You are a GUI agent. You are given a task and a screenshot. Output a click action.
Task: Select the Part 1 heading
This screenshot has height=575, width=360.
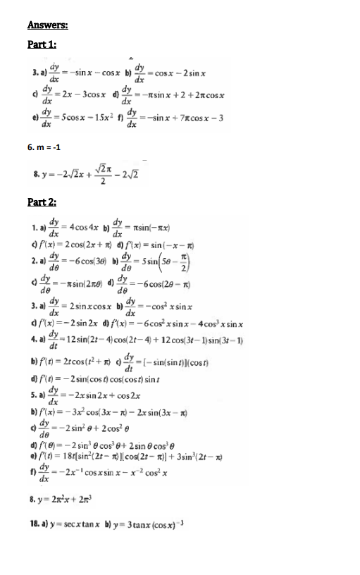(42, 44)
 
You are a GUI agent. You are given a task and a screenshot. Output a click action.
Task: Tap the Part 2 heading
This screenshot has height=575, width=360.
(42, 202)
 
